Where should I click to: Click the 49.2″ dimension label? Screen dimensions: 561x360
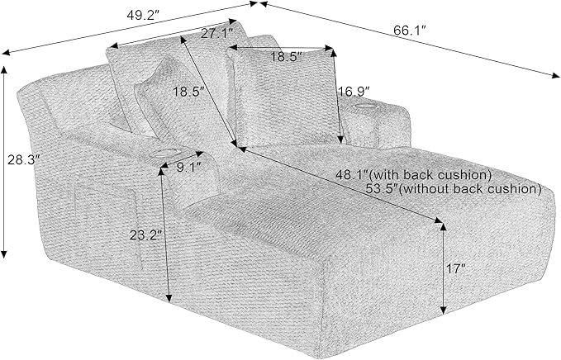tap(143, 16)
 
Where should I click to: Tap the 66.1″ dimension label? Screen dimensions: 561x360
tap(410, 31)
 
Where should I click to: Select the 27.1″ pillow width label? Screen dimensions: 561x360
tap(217, 34)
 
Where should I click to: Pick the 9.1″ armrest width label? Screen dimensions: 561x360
tap(188, 168)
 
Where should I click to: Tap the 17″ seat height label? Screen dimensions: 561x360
tap(456, 269)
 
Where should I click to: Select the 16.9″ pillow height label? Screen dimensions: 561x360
tap(354, 92)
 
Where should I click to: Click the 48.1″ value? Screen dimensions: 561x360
tap(352, 175)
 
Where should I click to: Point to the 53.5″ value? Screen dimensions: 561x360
tap(383, 188)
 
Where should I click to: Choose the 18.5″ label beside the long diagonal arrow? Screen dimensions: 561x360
tap(190, 92)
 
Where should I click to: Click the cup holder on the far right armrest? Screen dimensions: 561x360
tap(364, 106)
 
